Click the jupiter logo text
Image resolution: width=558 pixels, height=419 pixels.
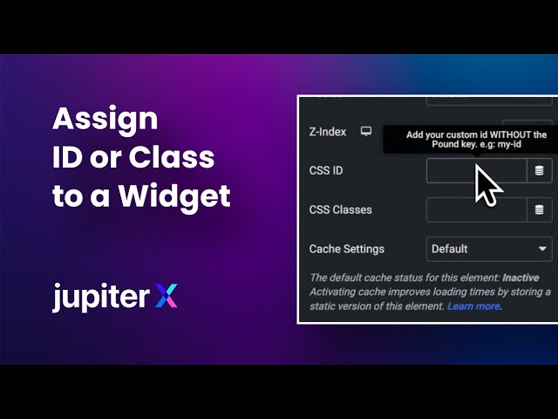click(100, 297)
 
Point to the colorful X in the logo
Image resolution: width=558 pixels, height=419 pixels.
click(166, 297)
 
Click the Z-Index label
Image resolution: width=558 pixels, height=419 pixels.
click(328, 132)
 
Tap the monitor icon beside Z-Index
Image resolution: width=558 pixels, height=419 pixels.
click(366, 132)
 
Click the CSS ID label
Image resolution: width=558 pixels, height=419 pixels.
click(326, 170)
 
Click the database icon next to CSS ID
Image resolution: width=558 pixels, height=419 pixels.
click(540, 171)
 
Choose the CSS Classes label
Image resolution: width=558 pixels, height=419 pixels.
click(340, 209)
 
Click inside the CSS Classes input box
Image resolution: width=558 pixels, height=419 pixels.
click(476, 209)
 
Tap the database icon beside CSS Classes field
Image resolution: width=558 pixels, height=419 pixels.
click(540, 209)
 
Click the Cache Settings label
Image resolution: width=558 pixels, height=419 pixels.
click(346, 249)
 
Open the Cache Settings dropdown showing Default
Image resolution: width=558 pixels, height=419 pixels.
click(480, 249)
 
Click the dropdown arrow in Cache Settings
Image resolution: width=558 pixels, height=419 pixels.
click(541, 249)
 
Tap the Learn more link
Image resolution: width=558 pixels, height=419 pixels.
click(474, 306)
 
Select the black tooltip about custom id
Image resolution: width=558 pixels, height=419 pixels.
click(476, 140)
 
